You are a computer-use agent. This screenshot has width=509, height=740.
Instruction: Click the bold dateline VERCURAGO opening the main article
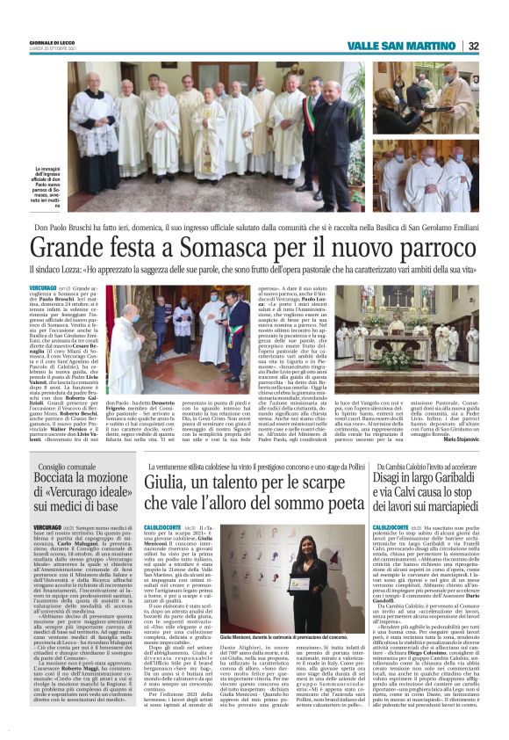point(46,287)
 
